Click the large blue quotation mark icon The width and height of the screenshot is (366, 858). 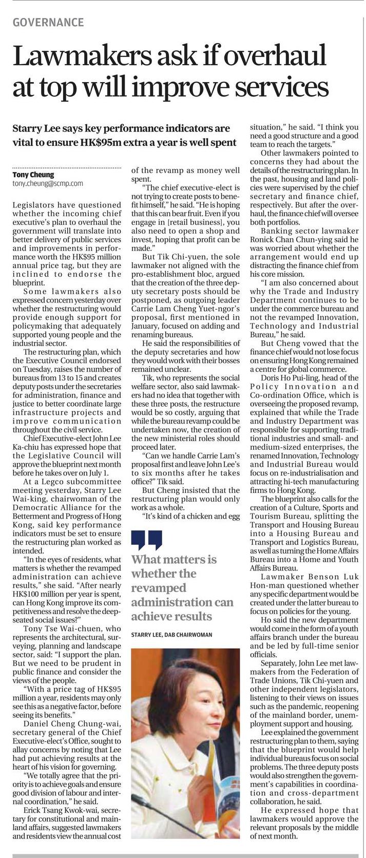[x=147, y=540]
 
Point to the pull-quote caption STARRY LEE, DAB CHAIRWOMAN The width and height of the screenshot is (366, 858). [x=171, y=635]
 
